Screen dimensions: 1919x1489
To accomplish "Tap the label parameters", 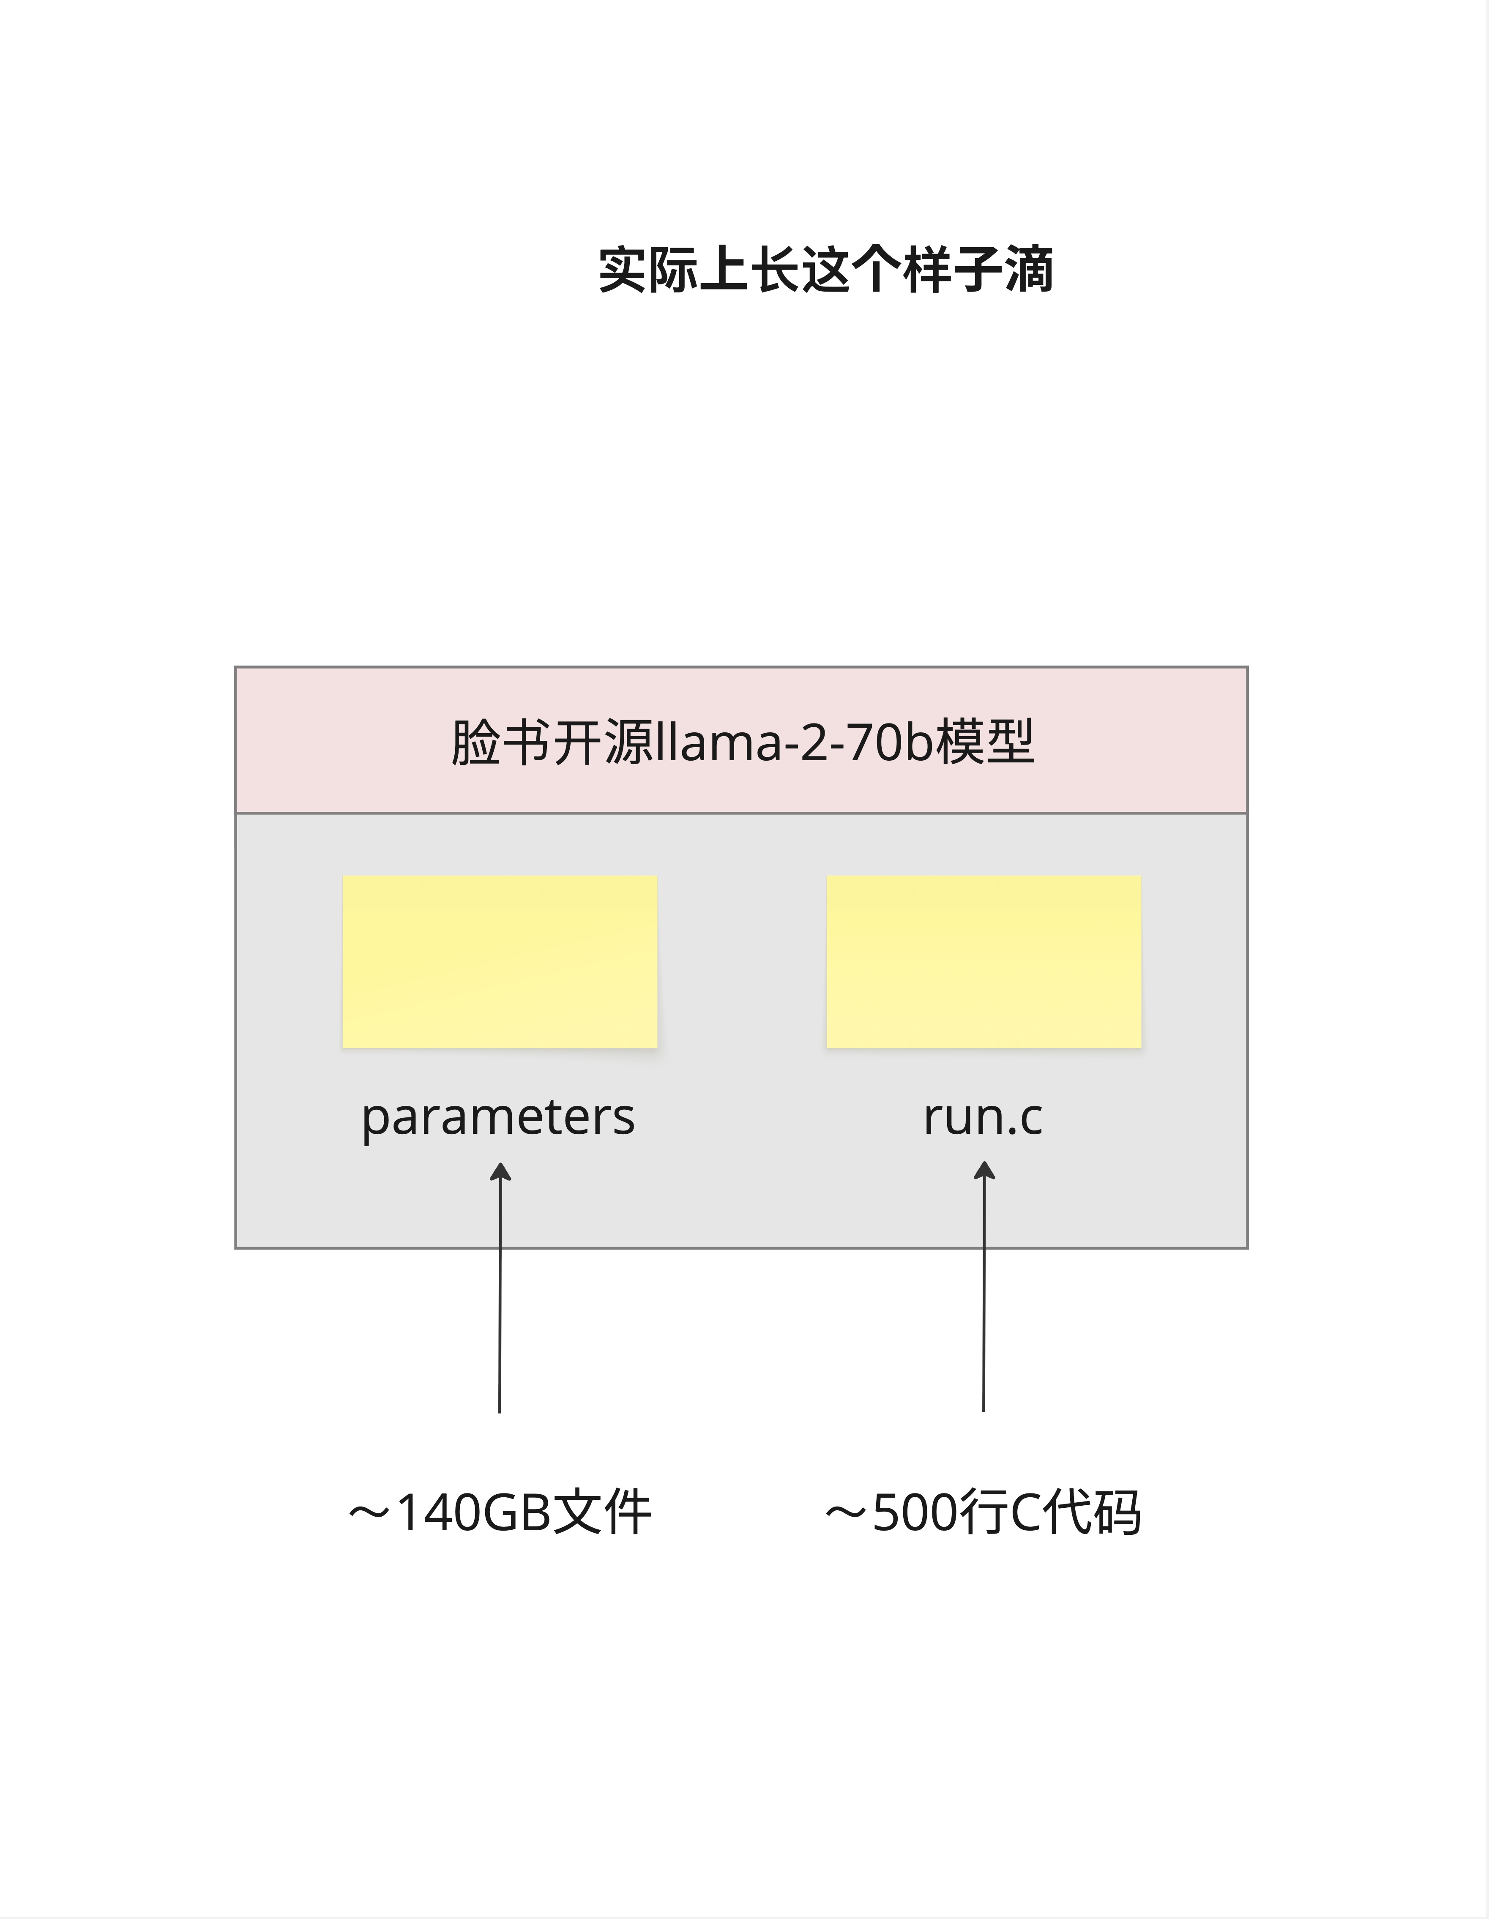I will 498,1118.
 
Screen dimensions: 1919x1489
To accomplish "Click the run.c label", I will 983,1118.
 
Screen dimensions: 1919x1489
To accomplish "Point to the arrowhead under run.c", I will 984,1171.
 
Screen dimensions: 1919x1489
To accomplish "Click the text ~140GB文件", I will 499,1513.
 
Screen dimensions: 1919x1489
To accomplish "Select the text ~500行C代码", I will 983,1513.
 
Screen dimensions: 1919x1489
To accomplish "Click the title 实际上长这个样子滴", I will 825,270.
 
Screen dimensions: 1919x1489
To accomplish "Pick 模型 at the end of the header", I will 984,742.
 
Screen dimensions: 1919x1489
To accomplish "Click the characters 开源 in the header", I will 603,742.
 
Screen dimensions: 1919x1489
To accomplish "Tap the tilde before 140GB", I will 369,1513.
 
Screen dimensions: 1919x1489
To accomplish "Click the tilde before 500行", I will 846,1513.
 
